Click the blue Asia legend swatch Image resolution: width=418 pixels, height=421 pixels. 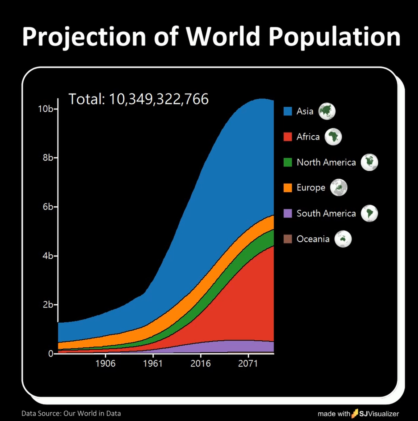(x=288, y=111)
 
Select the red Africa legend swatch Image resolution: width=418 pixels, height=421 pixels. (x=288, y=137)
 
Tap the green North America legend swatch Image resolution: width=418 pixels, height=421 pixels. (x=288, y=162)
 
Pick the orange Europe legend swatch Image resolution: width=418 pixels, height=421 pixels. (x=288, y=188)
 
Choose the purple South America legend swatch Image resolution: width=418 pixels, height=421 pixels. (x=288, y=213)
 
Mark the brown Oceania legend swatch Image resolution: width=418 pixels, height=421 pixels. (x=288, y=239)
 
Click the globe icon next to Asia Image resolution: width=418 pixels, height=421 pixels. (x=327, y=111)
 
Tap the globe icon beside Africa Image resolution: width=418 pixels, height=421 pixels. (x=333, y=137)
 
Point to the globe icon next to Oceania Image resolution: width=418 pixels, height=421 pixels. (x=343, y=239)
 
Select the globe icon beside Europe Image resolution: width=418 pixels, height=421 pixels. (x=338, y=188)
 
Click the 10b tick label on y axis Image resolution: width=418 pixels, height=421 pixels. (x=45, y=109)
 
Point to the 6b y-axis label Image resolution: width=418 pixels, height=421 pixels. (x=48, y=207)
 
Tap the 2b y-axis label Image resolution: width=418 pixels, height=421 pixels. (x=48, y=305)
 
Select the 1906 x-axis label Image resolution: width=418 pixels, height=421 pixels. (x=105, y=363)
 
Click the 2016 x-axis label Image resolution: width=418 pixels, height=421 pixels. (x=200, y=363)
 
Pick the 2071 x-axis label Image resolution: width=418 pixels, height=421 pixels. (x=248, y=363)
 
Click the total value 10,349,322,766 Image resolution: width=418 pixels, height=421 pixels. (x=158, y=99)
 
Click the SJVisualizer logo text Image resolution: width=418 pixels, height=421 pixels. (x=379, y=414)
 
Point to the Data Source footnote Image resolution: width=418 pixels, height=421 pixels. (x=71, y=413)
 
